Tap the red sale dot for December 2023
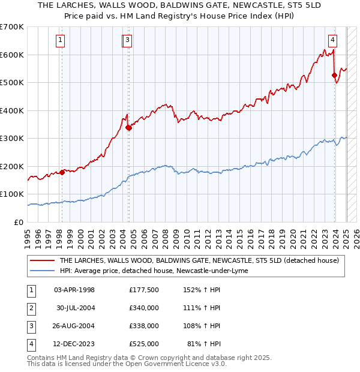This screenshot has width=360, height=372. click(334, 75)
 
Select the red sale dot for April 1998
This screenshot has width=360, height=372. click(62, 172)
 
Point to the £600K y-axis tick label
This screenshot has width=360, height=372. click(12, 55)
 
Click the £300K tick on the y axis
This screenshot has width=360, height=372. click(12, 139)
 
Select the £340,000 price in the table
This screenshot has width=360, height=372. click(144, 308)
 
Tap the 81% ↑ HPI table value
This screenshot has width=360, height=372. click(204, 344)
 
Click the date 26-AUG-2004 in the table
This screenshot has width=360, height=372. click(74, 326)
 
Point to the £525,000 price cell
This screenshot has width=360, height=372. click(144, 344)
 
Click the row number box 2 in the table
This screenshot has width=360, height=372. click(31, 308)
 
